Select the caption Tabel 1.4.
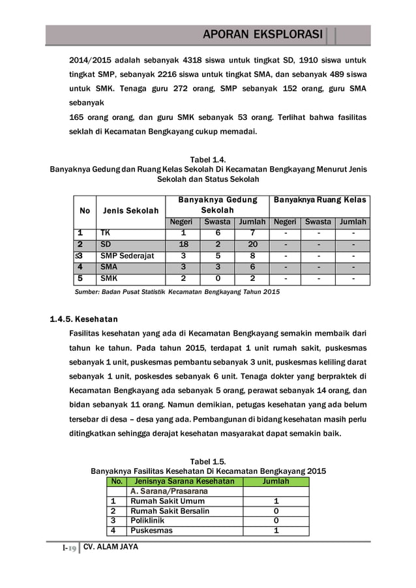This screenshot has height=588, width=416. click(x=208, y=160)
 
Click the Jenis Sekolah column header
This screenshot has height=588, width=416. click(x=129, y=211)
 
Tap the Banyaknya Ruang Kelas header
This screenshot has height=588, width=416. click(x=319, y=199)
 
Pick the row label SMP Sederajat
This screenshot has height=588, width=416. click(x=127, y=256)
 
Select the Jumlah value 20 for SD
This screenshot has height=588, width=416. click(x=252, y=244)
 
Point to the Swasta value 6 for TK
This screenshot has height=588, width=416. click(x=217, y=233)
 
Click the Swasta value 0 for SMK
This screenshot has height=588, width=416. click(x=217, y=279)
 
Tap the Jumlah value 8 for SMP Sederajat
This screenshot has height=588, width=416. click(x=252, y=256)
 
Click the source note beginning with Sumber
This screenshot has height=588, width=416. click(x=175, y=292)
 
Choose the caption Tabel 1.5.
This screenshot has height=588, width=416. click(x=208, y=462)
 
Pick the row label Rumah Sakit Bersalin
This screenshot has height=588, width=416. click(x=170, y=511)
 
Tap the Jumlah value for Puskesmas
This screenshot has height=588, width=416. click(x=276, y=531)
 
